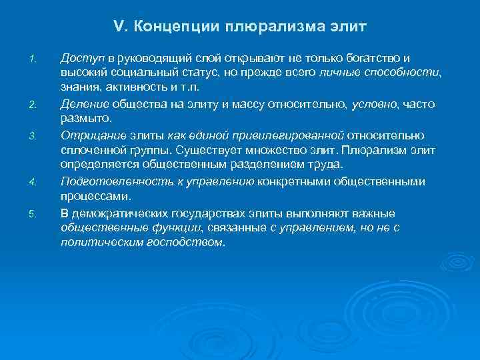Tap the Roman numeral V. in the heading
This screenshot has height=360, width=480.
121,27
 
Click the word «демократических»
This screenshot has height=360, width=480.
124,213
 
